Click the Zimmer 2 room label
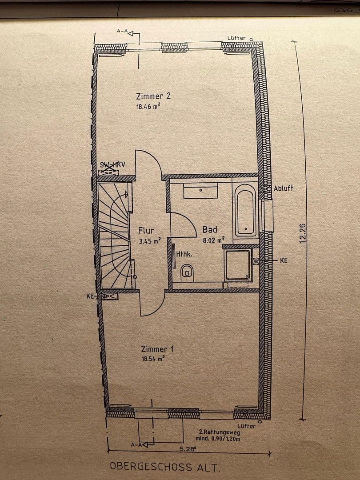[x=153, y=96]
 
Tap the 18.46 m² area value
[x=148, y=107]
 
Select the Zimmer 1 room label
[x=157, y=349]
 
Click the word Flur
[x=146, y=231]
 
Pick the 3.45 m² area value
[x=149, y=242]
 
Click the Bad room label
[x=210, y=230]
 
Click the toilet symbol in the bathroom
[x=188, y=272]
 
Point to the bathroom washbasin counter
[x=200, y=191]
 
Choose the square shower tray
[x=238, y=265]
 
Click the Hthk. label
[x=184, y=255]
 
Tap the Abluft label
[x=284, y=188]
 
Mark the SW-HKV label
[x=112, y=165]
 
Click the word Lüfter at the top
[x=236, y=38]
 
